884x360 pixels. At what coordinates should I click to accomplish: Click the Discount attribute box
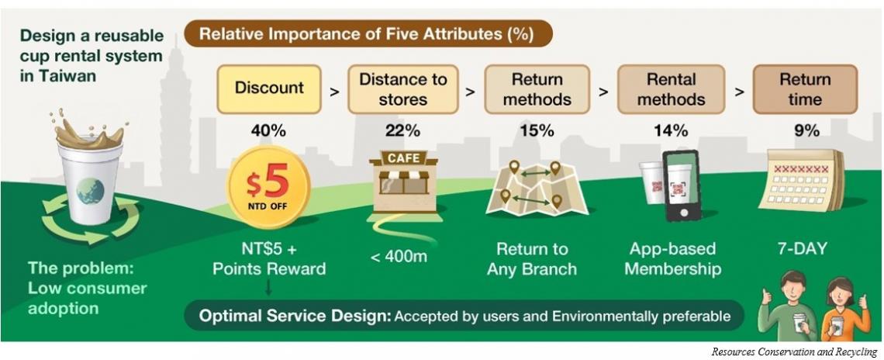click(x=269, y=88)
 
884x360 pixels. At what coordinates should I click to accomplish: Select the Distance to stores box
click(x=402, y=88)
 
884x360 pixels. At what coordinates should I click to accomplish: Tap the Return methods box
click(x=537, y=88)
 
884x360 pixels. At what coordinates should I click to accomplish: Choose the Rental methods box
click(x=671, y=88)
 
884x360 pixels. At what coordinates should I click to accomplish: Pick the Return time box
click(x=805, y=88)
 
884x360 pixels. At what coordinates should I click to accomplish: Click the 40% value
click(x=269, y=131)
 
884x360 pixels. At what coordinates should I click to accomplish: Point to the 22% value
click(x=402, y=131)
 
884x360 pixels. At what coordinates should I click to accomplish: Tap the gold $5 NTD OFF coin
click(x=268, y=187)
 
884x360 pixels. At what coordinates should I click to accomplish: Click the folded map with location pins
click(x=536, y=188)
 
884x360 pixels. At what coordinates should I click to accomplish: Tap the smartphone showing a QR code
click(x=681, y=185)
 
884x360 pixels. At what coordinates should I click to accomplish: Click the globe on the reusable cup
click(x=90, y=191)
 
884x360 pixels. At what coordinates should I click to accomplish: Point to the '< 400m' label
click(x=399, y=258)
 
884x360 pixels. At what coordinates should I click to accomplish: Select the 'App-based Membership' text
click(x=672, y=259)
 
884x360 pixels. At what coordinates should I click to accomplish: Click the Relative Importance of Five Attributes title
click(x=367, y=34)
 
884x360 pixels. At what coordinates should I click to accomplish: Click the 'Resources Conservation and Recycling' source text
click(x=794, y=351)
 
